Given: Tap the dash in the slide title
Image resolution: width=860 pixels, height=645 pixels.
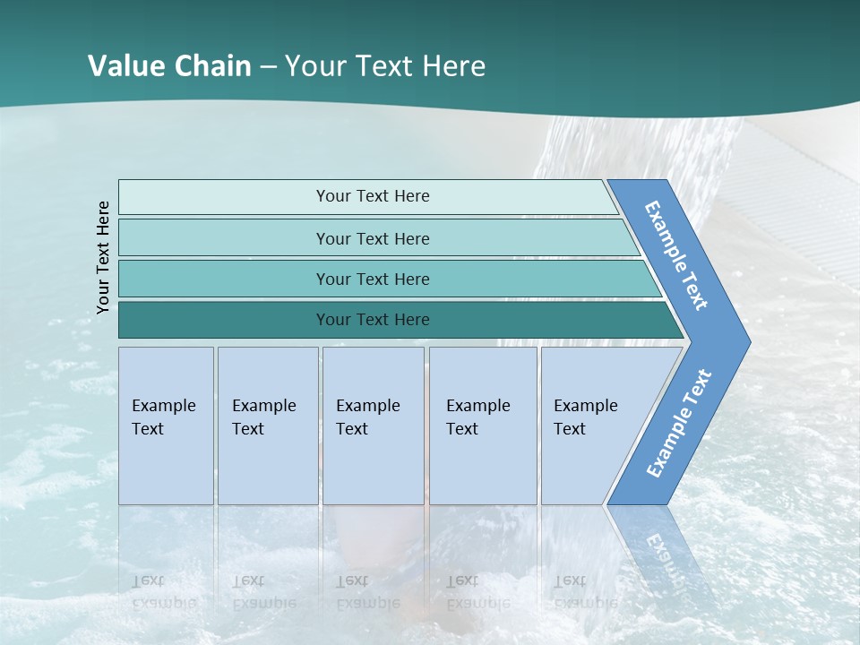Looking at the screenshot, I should pos(268,66).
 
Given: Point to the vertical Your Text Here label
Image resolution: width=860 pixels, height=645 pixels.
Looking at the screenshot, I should pos(103,258).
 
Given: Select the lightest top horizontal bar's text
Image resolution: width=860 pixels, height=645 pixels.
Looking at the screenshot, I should pos(373,196).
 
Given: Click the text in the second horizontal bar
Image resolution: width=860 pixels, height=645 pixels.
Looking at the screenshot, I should pos(373,238).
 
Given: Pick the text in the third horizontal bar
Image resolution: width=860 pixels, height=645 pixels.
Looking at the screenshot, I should pos(373,279).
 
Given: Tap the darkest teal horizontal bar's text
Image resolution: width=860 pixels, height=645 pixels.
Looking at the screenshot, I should pos(373,320).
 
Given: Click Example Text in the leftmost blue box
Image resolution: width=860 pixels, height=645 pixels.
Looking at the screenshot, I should pos(163,417).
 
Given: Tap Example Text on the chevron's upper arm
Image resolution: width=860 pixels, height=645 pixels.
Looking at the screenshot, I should pos(676,255).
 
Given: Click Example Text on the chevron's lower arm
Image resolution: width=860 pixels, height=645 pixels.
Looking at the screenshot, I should pos(679,423).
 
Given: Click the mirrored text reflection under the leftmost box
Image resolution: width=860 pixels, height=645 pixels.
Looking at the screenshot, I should pos(163,591).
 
